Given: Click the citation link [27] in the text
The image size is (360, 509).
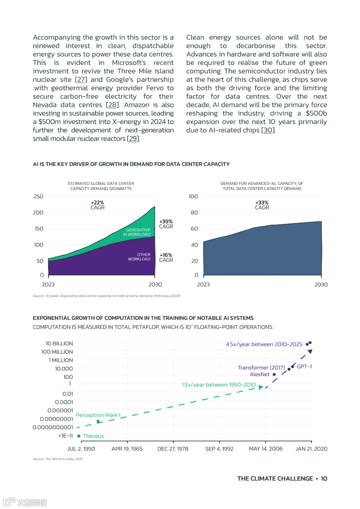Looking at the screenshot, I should [x=81, y=80].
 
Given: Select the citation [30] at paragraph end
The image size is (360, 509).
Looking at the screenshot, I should [x=268, y=130].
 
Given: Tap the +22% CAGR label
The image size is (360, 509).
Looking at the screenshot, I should [x=97, y=205].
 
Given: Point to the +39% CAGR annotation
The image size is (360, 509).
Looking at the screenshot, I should [x=166, y=224].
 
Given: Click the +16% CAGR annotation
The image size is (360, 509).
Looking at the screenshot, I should [x=166, y=258].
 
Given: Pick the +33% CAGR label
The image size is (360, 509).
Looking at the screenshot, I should [x=262, y=205].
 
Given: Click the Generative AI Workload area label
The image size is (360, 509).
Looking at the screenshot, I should [x=138, y=232].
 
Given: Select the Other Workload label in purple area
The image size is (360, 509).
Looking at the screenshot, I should [x=139, y=257].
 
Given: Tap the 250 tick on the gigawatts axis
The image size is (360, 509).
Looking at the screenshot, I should [x=39, y=197].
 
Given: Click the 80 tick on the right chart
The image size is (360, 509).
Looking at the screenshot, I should [x=194, y=213].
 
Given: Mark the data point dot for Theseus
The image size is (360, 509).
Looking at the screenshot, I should [x=79, y=436].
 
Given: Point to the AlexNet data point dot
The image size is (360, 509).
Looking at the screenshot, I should [x=274, y=375].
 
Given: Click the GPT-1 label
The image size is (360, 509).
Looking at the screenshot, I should [x=304, y=367].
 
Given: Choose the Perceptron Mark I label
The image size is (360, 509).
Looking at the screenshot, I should [x=98, y=415].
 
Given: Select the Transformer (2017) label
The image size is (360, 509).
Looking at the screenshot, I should [x=261, y=368].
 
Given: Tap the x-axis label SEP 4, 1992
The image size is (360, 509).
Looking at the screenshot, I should [x=219, y=449].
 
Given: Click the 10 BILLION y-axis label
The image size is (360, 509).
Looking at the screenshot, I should [x=59, y=344].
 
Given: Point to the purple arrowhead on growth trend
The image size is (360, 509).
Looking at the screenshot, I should [x=310, y=352].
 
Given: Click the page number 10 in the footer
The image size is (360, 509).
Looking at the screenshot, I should [x=324, y=479].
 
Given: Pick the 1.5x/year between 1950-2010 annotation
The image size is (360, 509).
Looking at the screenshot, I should [x=219, y=385].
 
